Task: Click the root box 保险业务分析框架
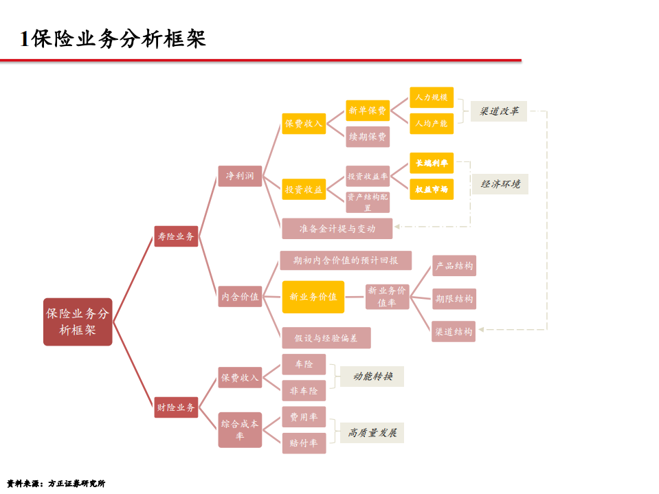point(77,322)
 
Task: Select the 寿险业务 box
point(176,236)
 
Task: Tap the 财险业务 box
point(176,407)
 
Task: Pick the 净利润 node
point(240,176)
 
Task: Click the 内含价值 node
point(240,297)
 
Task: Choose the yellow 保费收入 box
point(304,124)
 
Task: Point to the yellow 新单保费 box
point(368,110)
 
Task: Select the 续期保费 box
point(368,137)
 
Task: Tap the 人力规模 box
point(432,98)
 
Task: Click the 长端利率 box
point(432,163)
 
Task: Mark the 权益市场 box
point(432,189)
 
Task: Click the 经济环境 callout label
point(500,183)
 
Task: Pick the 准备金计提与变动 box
point(337,228)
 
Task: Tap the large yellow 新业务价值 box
point(313,297)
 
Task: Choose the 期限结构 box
point(454,298)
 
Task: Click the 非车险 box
point(304,390)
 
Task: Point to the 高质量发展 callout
point(372,433)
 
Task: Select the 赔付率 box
point(304,443)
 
